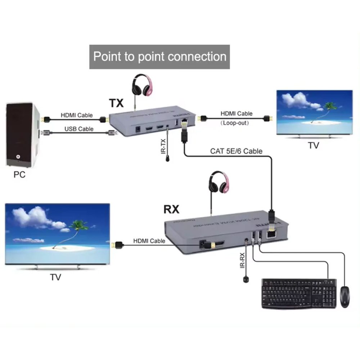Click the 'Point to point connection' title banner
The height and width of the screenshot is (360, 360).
coord(159,57)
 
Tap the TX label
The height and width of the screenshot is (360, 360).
coord(116,103)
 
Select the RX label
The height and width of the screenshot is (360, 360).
coord(171,209)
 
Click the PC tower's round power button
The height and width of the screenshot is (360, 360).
coord(18,157)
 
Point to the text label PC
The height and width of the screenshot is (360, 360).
coord(19,175)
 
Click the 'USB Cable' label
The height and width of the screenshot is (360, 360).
coord(79,129)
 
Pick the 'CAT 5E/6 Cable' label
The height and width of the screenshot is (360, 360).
coord(236,151)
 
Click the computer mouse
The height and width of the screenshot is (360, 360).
coord(345,297)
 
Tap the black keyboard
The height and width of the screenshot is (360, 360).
coord(299,293)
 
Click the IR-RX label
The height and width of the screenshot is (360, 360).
coord(242,260)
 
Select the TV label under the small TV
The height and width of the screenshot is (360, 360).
coord(313,145)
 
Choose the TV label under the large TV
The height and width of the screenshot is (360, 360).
coord(55,277)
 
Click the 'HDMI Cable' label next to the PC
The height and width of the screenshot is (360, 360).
coord(76,116)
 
